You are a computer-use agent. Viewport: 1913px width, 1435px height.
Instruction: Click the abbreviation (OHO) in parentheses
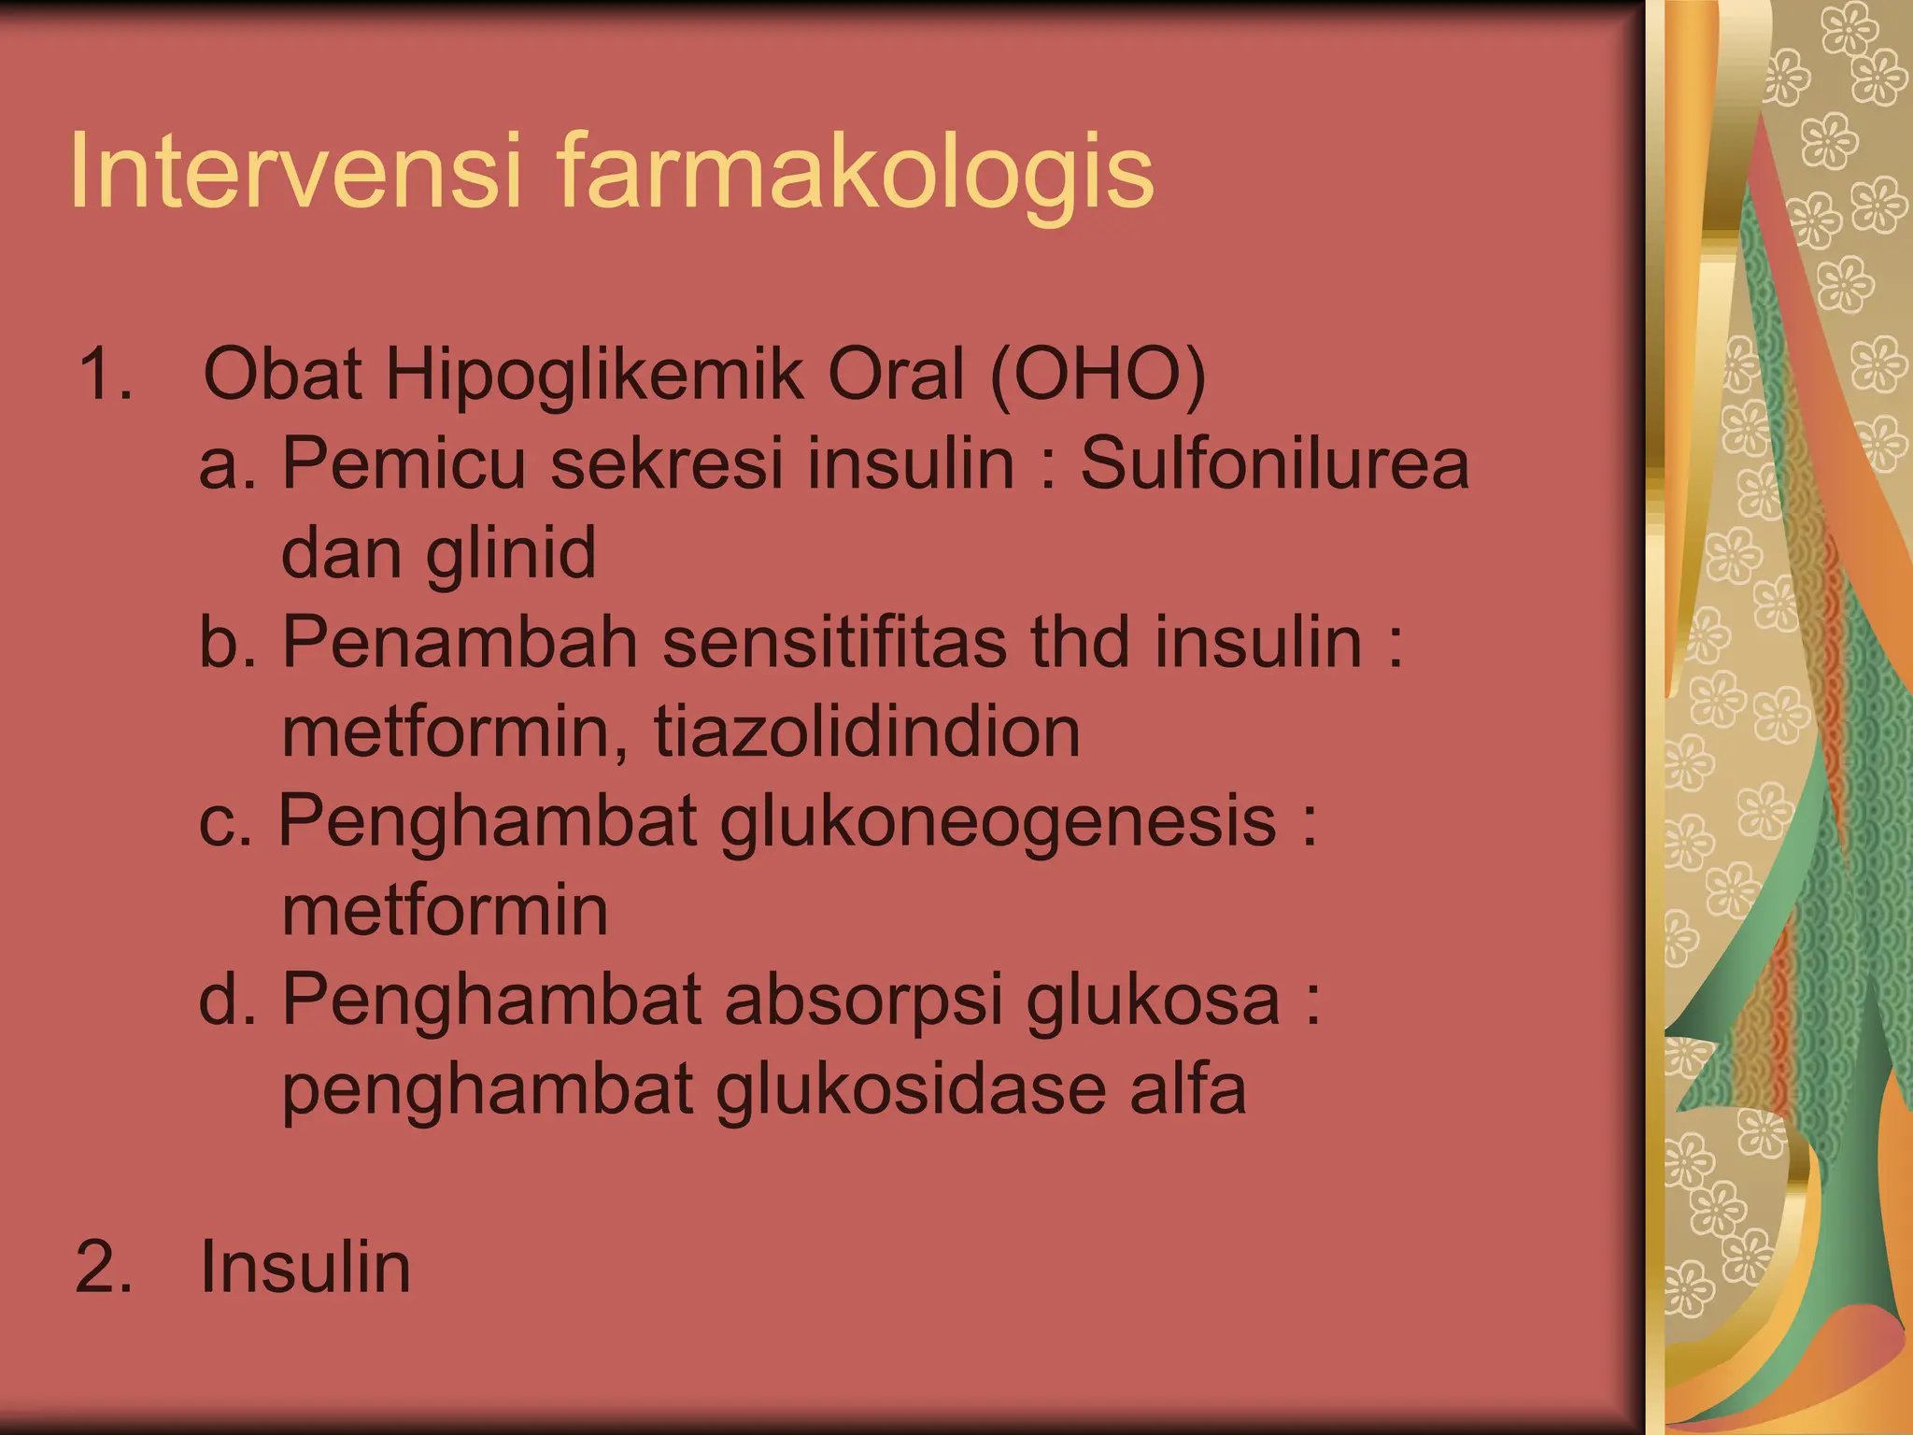[1098, 375]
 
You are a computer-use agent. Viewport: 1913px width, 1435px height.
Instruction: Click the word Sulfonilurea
[1275, 463]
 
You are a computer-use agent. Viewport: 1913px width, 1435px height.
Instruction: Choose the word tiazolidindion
[866, 732]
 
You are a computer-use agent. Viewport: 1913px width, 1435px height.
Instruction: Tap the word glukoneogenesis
[998, 822]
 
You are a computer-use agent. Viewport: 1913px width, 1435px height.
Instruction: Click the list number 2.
[103, 1268]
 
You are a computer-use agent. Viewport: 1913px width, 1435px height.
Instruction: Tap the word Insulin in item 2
[305, 1268]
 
